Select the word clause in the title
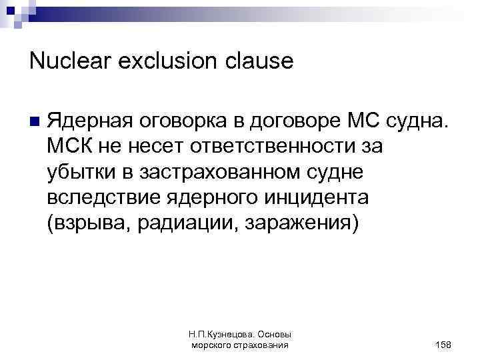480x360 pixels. click(262, 61)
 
